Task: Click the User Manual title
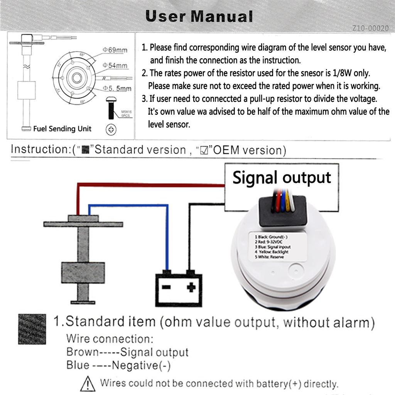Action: point(199,16)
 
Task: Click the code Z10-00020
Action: point(370,28)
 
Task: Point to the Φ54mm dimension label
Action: point(115,66)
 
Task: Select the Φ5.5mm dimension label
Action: point(117,88)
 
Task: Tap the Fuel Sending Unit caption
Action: point(62,128)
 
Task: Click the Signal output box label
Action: point(282,178)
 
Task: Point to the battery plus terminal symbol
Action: point(191,287)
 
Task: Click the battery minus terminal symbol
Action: point(166,287)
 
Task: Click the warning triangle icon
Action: point(88,384)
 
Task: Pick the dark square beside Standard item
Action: point(32,329)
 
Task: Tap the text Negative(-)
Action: point(141,365)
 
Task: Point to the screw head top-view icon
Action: point(111,129)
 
